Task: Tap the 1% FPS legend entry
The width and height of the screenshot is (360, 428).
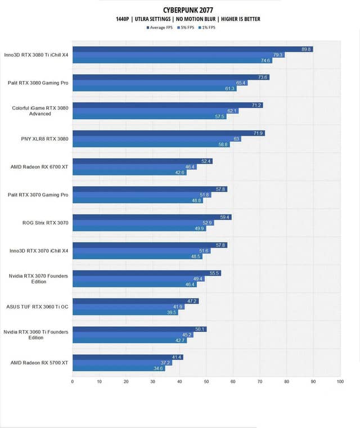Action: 205,27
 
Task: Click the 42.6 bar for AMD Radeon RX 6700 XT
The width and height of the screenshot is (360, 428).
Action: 129,172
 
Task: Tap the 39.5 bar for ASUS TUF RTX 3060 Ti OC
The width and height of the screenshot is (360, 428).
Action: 125,312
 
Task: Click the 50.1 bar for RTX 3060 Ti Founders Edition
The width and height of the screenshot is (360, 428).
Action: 139,329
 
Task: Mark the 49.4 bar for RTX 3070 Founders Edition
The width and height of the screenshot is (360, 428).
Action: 138,278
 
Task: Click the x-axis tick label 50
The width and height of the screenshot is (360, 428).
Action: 206,382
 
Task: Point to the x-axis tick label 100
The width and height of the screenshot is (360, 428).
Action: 340,382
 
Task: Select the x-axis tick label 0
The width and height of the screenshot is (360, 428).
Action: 73,382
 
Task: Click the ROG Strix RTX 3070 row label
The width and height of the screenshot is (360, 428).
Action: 45,223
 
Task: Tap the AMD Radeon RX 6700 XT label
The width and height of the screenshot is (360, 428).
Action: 40,166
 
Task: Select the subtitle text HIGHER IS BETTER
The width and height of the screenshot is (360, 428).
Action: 240,19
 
